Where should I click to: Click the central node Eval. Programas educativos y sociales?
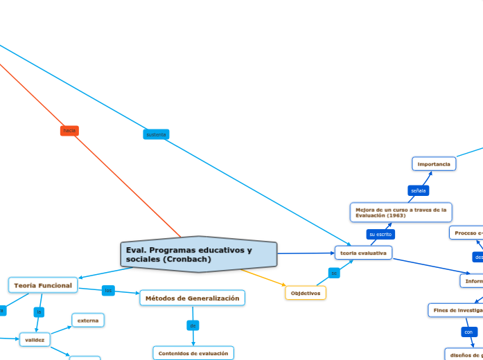click(198, 254)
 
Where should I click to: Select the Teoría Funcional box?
click(43, 285)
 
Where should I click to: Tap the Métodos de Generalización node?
click(192, 298)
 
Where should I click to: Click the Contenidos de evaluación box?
click(193, 353)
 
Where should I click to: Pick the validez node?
click(34, 340)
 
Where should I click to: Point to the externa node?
click(87, 320)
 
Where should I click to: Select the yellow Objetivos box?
click(306, 293)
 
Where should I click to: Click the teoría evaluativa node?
click(363, 253)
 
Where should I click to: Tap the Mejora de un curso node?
click(401, 212)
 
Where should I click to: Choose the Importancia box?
click(434, 164)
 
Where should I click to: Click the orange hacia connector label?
click(69, 130)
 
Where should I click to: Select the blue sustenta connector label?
click(156, 134)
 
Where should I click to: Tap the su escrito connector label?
click(380, 234)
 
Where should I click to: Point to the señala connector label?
click(419, 190)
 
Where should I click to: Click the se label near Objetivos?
click(334, 273)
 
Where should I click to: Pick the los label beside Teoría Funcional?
click(108, 290)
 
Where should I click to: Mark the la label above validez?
click(39, 312)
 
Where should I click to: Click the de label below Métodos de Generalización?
click(193, 325)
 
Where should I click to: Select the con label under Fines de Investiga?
click(469, 332)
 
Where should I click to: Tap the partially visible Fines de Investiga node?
click(455, 310)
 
